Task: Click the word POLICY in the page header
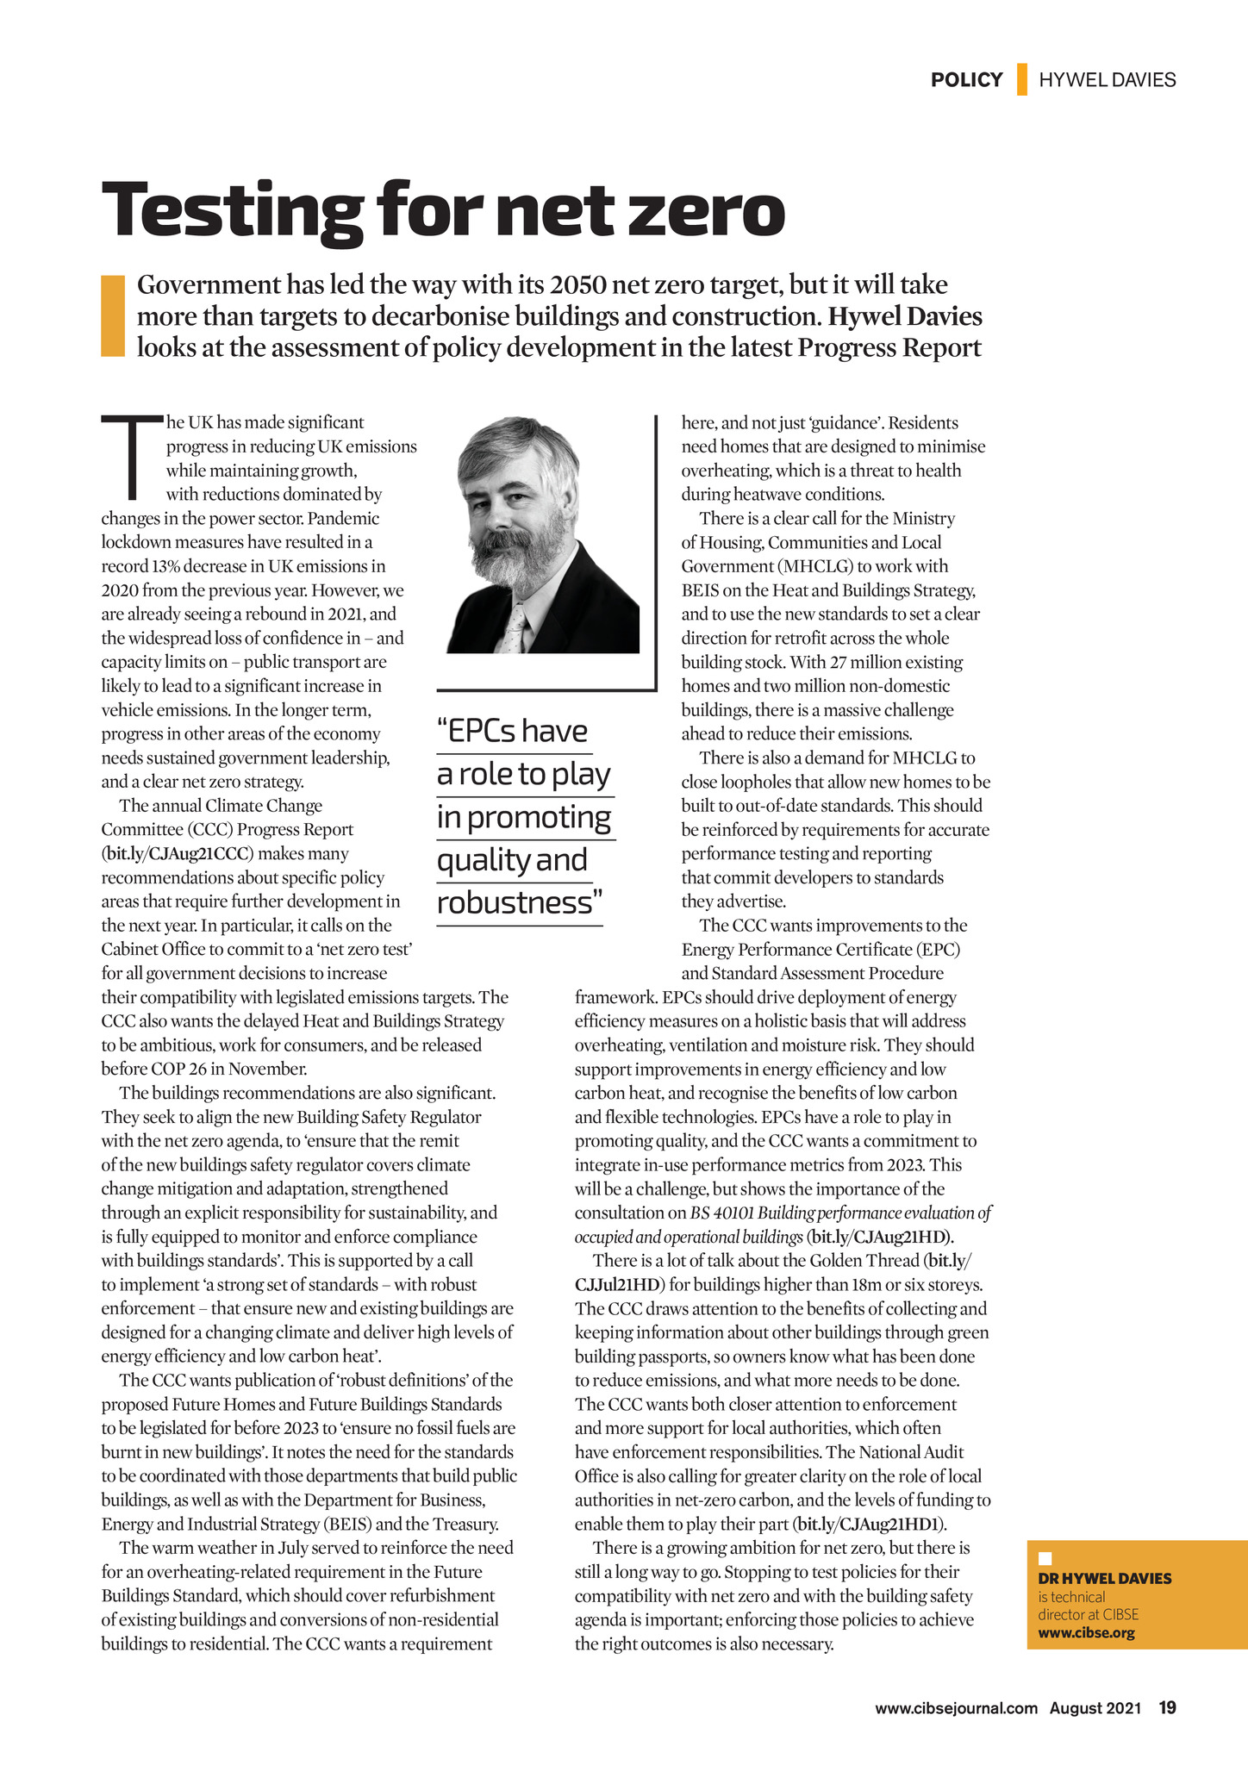pyautogui.click(x=966, y=80)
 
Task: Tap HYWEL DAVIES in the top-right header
pyautogui.click(x=1107, y=80)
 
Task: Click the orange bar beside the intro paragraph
pyautogui.click(x=113, y=315)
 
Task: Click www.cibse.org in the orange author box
pyautogui.click(x=1086, y=1633)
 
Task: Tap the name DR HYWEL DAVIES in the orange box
pyautogui.click(x=1104, y=1579)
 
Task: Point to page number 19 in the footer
pyautogui.click(x=1167, y=1708)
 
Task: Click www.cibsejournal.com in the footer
pyautogui.click(x=956, y=1709)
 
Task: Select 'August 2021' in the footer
pyautogui.click(x=1095, y=1709)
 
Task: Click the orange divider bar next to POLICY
pyautogui.click(x=1021, y=79)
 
